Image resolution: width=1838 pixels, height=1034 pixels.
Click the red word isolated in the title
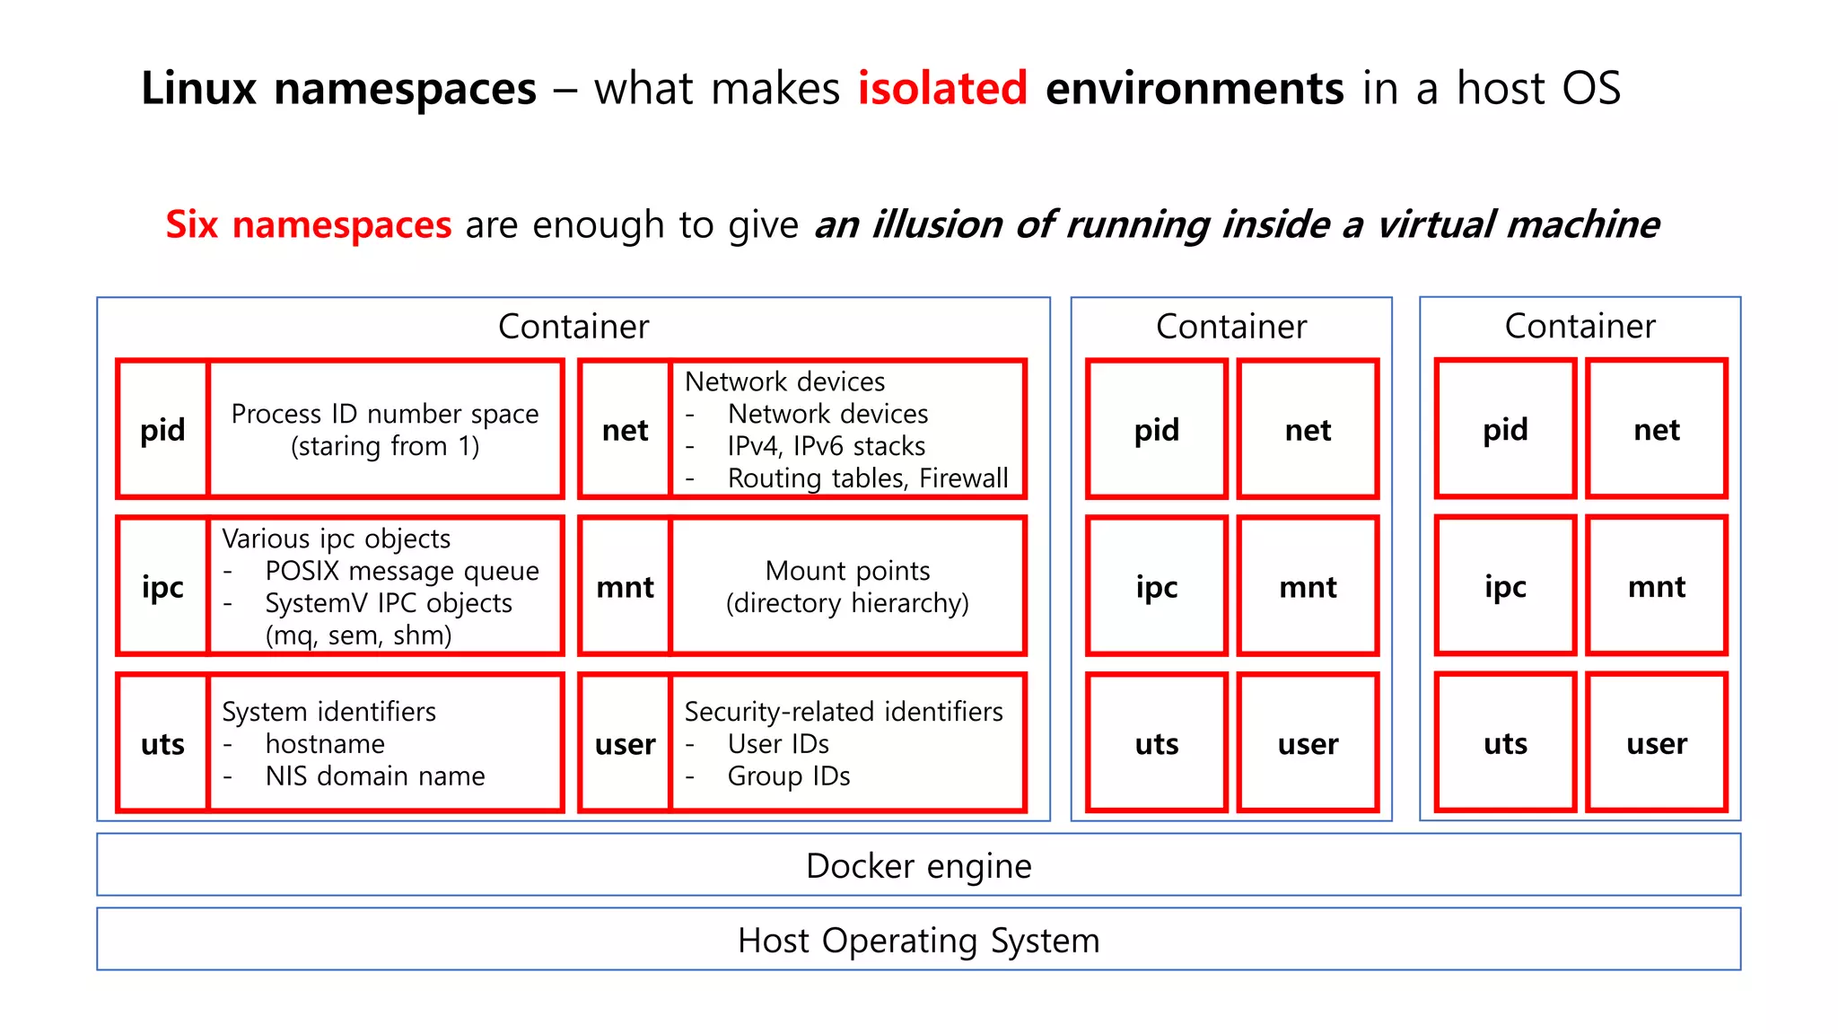(941, 88)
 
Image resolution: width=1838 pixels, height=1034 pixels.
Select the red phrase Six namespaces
(308, 224)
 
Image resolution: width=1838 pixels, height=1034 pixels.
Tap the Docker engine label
(918, 865)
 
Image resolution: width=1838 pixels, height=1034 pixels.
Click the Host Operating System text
(918, 940)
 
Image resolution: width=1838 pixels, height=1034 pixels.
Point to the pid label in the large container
(162, 430)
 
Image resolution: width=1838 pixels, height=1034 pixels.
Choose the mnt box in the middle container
(1308, 587)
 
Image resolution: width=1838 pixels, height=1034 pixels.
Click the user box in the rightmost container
(1656, 743)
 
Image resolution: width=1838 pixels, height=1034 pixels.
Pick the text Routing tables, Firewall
(867, 478)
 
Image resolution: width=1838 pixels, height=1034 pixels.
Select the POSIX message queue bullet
(401, 571)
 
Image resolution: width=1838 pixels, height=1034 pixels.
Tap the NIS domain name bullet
(374, 775)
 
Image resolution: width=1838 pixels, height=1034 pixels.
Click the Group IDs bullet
(788, 775)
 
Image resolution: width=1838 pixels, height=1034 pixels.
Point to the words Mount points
(847, 571)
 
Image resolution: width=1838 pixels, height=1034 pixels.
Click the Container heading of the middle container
(1230, 327)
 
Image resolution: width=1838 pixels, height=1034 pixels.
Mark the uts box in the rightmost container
(1505, 743)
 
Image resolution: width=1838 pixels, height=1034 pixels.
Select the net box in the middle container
(1308, 430)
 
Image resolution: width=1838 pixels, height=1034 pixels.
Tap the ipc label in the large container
(162, 587)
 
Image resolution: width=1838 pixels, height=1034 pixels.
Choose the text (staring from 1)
(385, 446)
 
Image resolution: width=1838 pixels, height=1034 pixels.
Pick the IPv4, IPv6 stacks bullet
(826, 446)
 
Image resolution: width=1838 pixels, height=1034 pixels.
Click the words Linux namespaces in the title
(338, 88)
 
